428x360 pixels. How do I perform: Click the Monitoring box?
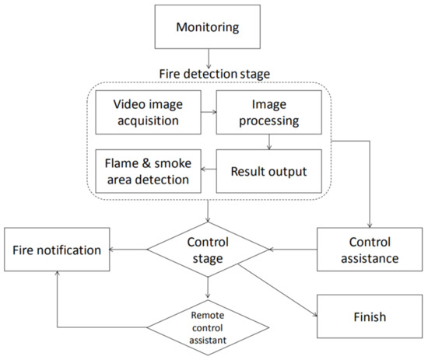click(208, 30)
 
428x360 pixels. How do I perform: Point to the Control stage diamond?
click(208, 249)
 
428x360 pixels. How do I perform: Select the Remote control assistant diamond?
click(208, 323)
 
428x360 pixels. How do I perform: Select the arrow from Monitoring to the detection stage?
click(208, 60)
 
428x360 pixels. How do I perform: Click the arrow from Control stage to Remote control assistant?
click(208, 287)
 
